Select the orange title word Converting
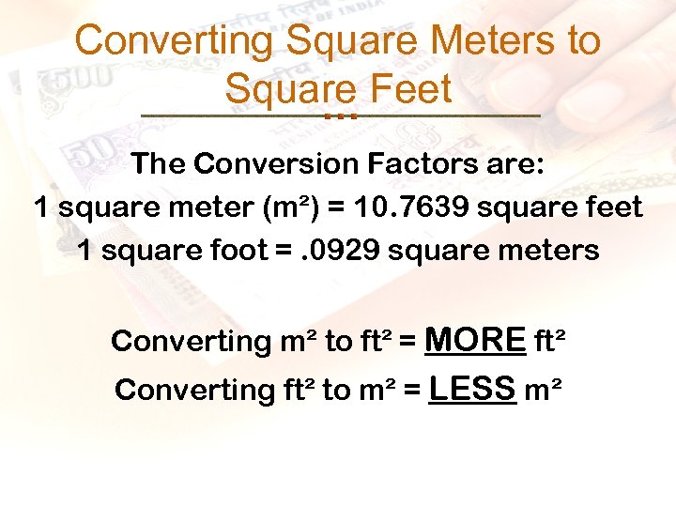(174, 41)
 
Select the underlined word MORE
(475, 339)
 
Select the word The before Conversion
(159, 163)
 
